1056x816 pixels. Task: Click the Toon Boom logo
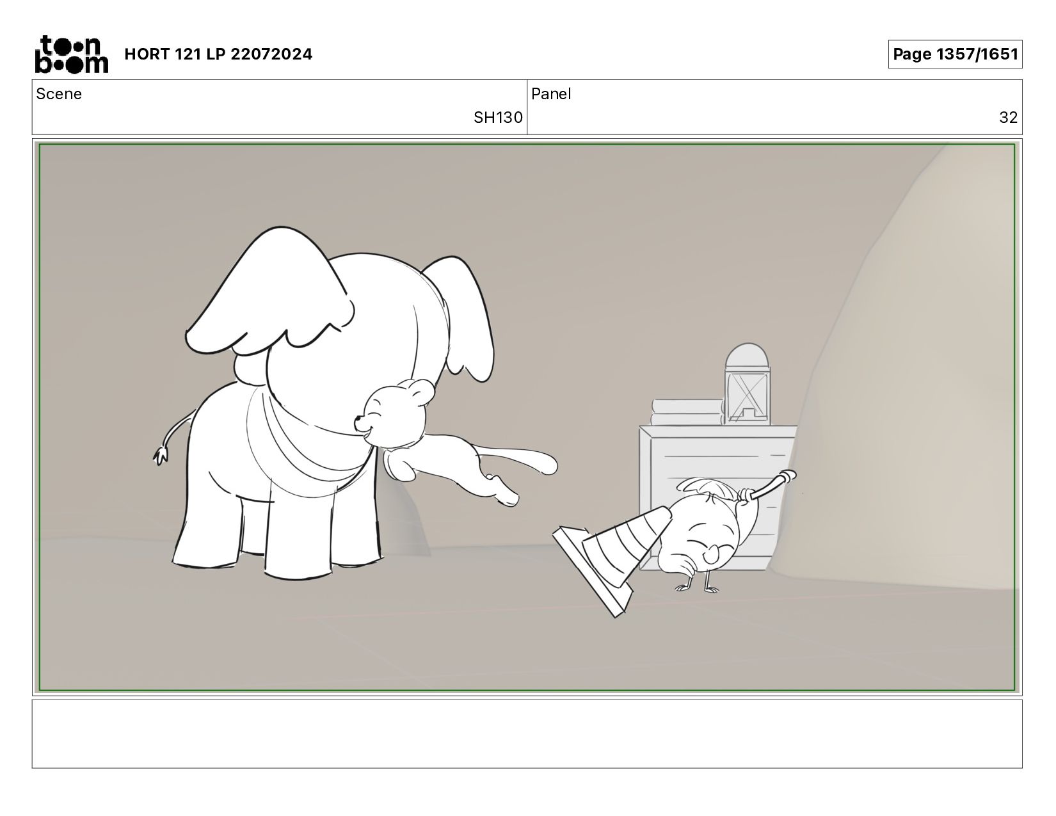(x=72, y=54)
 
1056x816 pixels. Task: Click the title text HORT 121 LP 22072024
(x=218, y=54)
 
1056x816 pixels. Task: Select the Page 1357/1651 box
(x=955, y=54)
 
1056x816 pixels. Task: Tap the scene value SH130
(x=498, y=117)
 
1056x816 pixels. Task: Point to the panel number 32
(x=1009, y=117)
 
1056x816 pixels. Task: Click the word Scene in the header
(x=59, y=94)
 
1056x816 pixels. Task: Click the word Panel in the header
(x=550, y=94)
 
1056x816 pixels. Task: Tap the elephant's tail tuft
(x=161, y=456)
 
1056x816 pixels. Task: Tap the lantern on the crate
(x=747, y=384)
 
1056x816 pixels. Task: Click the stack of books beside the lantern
(x=687, y=413)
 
